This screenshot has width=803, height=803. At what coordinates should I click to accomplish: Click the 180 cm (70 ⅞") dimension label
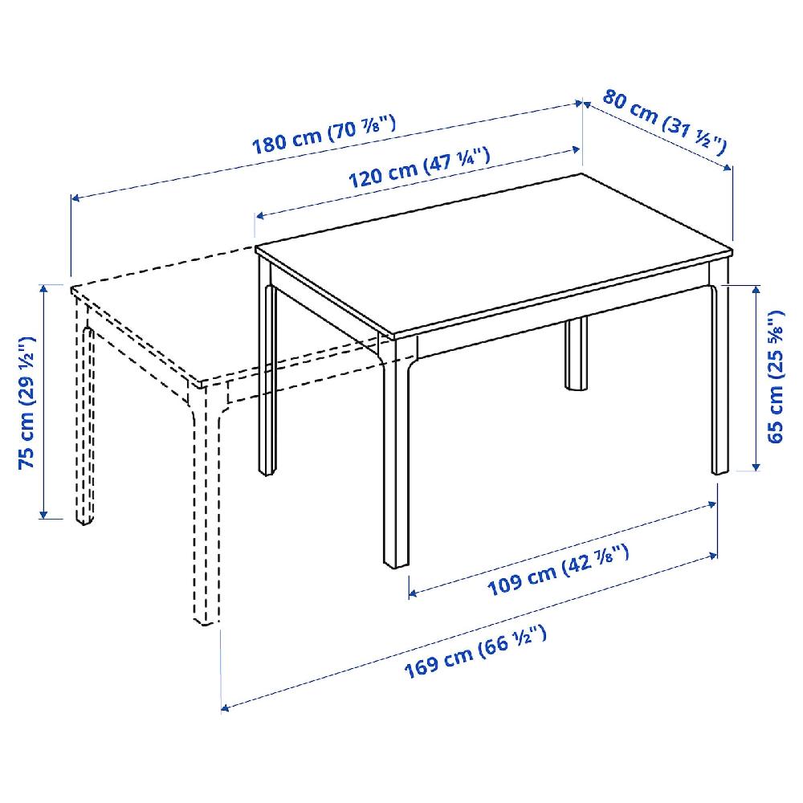(x=324, y=135)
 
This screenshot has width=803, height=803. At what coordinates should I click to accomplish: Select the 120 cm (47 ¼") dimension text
(x=419, y=168)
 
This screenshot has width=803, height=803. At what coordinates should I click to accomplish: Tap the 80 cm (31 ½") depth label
(x=665, y=121)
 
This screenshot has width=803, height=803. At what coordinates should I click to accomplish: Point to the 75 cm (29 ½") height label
(x=26, y=402)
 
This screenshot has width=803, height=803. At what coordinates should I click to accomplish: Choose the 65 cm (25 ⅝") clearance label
(x=776, y=377)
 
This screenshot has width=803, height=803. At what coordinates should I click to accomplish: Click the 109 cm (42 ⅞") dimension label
(x=558, y=571)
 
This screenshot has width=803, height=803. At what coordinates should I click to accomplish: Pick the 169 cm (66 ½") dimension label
(x=475, y=652)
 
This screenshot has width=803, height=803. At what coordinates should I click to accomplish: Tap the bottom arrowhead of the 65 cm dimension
(x=756, y=466)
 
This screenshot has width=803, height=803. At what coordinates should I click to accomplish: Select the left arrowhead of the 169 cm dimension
(x=226, y=708)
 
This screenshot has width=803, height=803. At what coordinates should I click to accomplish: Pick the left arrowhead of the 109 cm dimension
(x=414, y=593)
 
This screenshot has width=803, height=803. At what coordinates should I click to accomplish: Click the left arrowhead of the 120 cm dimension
(x=259, y=215)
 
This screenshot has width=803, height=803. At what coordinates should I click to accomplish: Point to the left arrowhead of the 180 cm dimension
(x=75, y=198)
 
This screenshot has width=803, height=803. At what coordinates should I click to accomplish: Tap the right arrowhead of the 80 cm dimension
(x=728, y=167)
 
